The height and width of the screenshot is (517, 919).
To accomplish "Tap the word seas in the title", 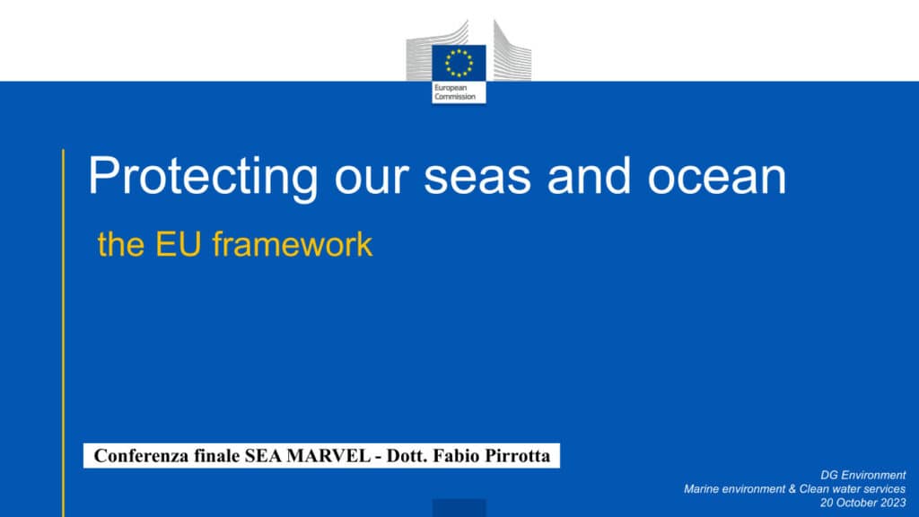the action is (x=477, y=177).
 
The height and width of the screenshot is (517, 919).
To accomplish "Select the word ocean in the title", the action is (x=716, y=177).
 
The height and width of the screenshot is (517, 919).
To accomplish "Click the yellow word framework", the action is (x=293, y=244).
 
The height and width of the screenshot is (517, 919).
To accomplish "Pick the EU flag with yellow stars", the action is (x=459, y=63).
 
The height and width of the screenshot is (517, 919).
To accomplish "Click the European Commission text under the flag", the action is (x=455, y=92).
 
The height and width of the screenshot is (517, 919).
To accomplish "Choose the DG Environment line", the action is (x=862, y=475).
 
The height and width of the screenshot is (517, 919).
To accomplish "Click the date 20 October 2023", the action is (x=862, y=503).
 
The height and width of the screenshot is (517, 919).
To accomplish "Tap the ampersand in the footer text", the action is (x=790, y=489).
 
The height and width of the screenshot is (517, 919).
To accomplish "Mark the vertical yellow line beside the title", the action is (x=64, y=333).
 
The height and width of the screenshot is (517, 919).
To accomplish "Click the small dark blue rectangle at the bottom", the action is (x=459, y=508).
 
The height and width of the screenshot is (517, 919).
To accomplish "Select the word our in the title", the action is (x=371, y=177).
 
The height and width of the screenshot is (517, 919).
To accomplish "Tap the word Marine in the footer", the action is (x=702, y=489).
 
